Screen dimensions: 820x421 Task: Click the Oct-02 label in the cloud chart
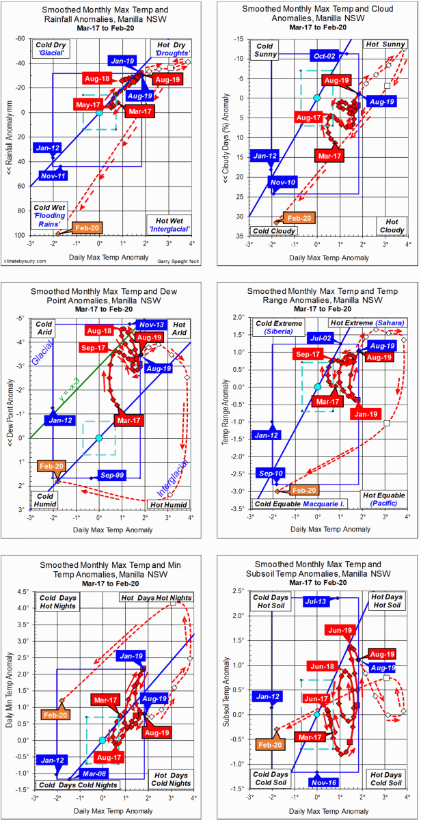pos(325,55)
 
